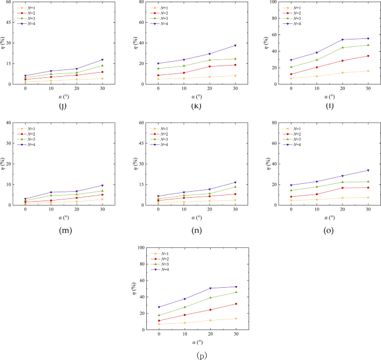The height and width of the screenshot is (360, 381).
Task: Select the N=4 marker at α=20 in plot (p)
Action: (x=210, y=288)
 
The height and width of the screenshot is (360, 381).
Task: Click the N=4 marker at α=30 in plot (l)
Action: (x=368, y=38)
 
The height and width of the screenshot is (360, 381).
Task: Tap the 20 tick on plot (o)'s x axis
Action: (x=342, y=211)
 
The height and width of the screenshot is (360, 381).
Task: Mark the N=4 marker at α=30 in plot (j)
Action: (x=102, y=59)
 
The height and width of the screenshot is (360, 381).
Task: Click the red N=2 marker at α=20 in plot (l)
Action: (x=342, y=61)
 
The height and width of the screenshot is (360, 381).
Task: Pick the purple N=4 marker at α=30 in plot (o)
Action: (x=368, y=170)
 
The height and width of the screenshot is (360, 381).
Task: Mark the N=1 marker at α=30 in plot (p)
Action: (x=235, y=318)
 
